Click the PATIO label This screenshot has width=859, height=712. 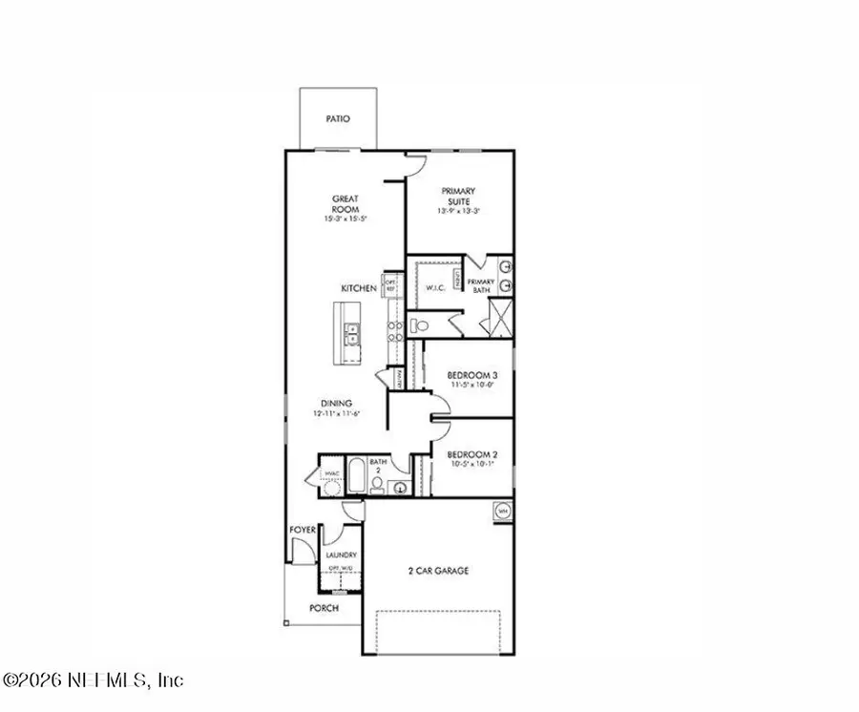coord(337,119)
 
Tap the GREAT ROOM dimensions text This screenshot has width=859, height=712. coord(346,220)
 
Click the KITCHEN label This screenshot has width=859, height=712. coord(360,288)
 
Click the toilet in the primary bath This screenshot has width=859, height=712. coord(417,325)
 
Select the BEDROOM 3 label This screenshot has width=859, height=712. coord(473,375)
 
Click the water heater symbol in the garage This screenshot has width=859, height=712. coord(503,513)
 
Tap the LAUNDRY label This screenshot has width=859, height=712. coord(341,555)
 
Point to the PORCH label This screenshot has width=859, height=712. coord(324,607)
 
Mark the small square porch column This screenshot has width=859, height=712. coord(286,623)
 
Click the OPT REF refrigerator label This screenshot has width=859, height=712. coord(389,284)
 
